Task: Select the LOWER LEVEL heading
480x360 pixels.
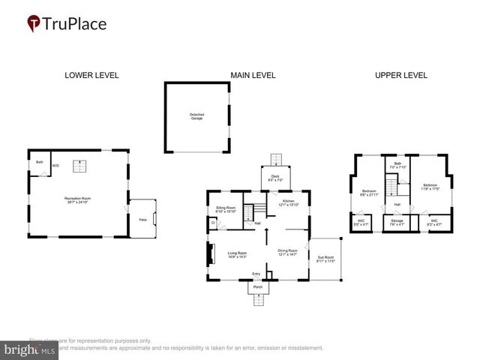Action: tap(91, 75)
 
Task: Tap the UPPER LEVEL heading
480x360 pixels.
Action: tap(401, 75)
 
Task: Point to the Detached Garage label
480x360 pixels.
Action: tap(196, 116)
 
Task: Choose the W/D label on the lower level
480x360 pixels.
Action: tap(55, 165)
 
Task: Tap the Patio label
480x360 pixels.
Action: tap(142, 219)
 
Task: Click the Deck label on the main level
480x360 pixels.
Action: tap(275, 178)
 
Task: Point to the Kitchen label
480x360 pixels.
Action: tap(288, 202)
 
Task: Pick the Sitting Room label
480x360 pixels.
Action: tap(226, 209)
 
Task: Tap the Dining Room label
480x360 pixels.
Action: tap(287, 253)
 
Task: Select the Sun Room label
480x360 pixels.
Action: tap(325, 258)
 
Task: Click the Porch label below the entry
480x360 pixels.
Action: tap(257, 287)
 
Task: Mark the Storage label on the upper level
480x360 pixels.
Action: tap(397, 222)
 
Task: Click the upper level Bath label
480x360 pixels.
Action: tap(397, 165)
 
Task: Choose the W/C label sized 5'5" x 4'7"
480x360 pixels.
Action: tap(361, 222)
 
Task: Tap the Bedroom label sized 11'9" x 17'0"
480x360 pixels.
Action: tap(430, 187)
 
